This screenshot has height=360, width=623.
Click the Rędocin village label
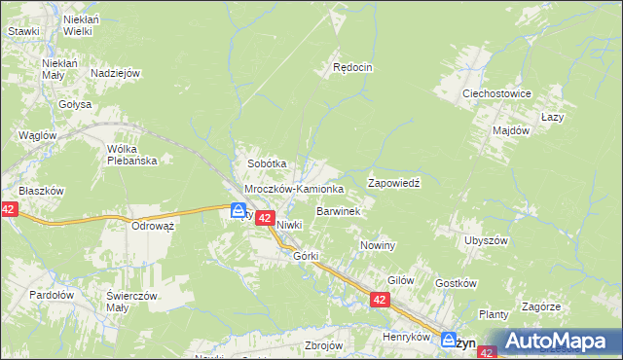353,68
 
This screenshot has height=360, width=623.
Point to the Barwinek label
339,210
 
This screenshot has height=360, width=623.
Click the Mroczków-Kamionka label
293,189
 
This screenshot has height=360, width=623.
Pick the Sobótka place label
267,164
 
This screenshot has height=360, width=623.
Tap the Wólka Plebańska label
132,155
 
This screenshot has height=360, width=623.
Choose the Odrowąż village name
153,226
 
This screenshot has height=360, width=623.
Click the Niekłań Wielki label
78,24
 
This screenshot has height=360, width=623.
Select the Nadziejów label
116,73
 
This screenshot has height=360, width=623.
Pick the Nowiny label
378,245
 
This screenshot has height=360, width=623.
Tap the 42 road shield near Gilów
380,303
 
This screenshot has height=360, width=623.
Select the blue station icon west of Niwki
238,209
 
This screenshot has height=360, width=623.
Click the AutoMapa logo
556,341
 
